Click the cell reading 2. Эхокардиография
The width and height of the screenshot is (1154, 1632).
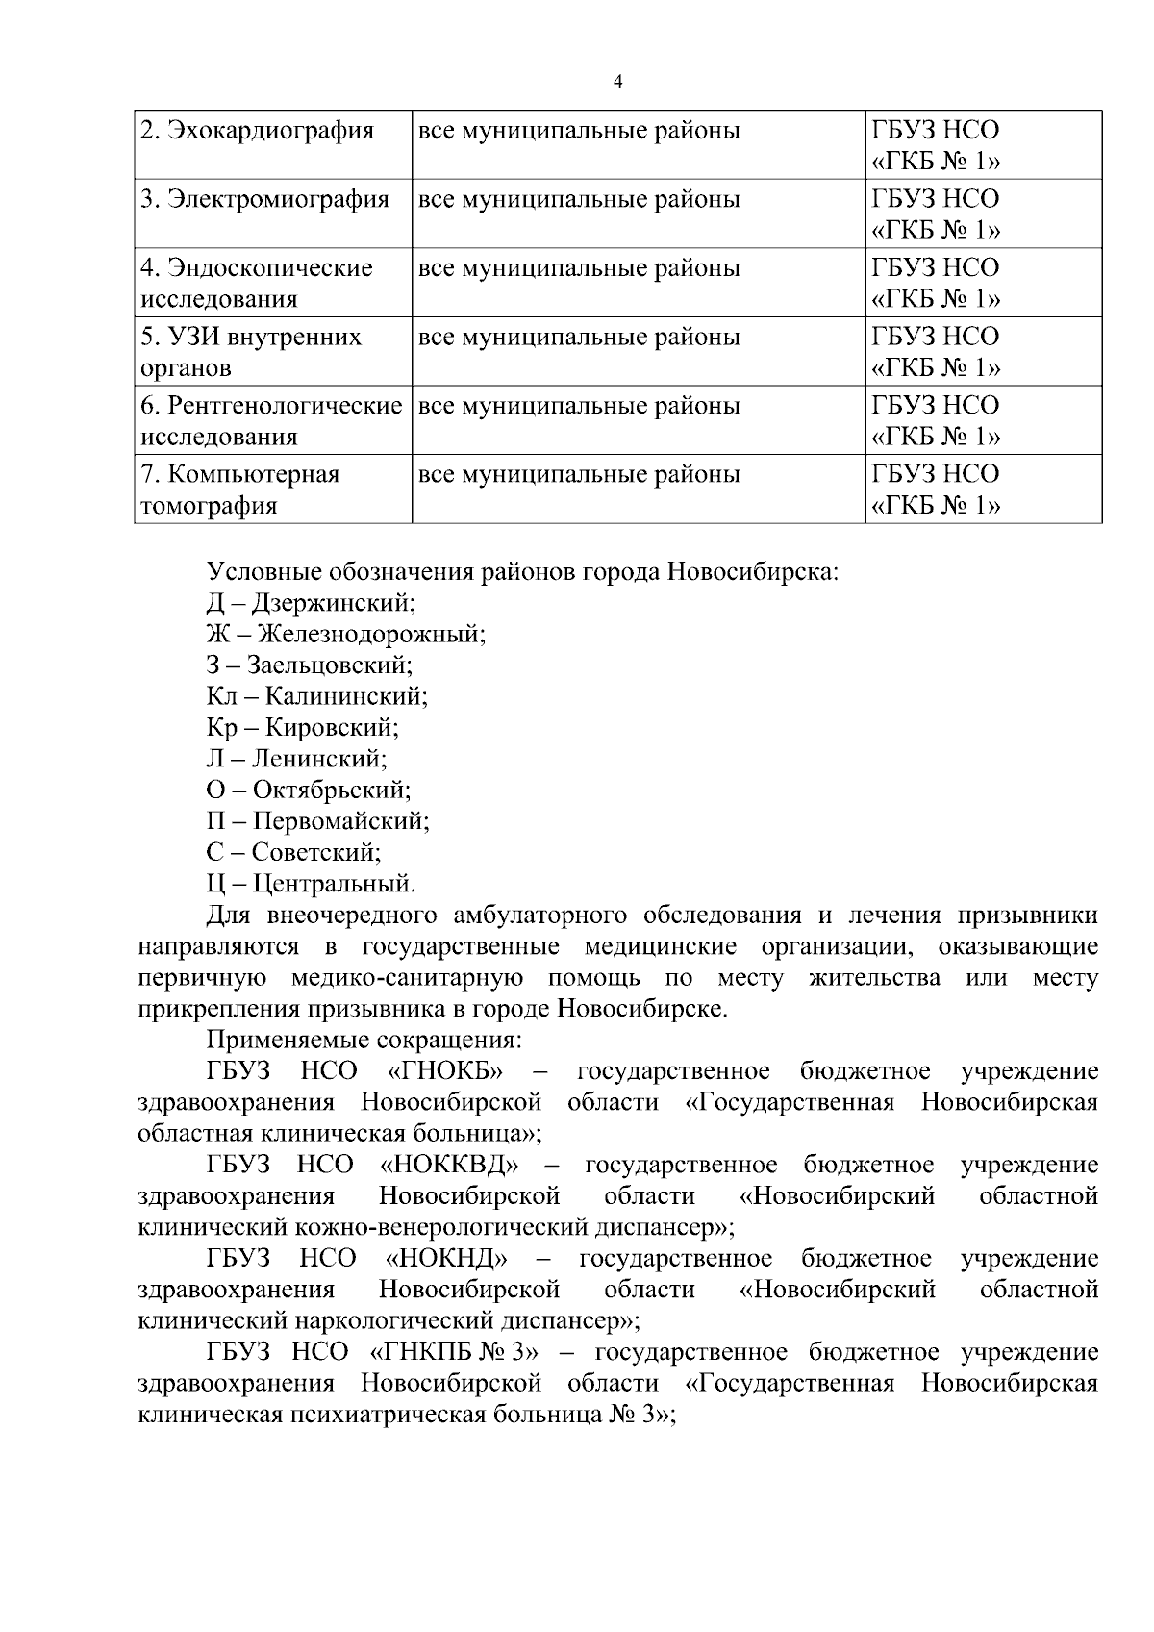[x=257, y=131]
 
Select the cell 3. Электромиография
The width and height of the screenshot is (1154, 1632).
[x=264, y=200]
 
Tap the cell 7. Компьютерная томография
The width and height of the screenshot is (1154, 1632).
[x=240, y=490]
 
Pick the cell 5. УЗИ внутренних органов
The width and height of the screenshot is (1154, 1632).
[x=251, y=352]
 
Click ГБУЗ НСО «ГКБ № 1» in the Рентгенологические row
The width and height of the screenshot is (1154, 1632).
[x=936, y=420]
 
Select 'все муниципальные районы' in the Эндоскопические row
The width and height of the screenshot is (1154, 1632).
[x=579, y=268]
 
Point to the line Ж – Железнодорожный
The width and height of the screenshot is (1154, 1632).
[x=346, y=634]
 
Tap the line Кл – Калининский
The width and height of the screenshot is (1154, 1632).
[x=317, y=695]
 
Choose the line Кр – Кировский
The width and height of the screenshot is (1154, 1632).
[x=303, y=727]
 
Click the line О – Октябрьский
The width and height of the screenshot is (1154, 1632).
[x=309, y=790]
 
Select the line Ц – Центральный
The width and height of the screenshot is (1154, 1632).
[x=311, y=882]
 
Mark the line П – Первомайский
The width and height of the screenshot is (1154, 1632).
[x=317, y=820]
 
